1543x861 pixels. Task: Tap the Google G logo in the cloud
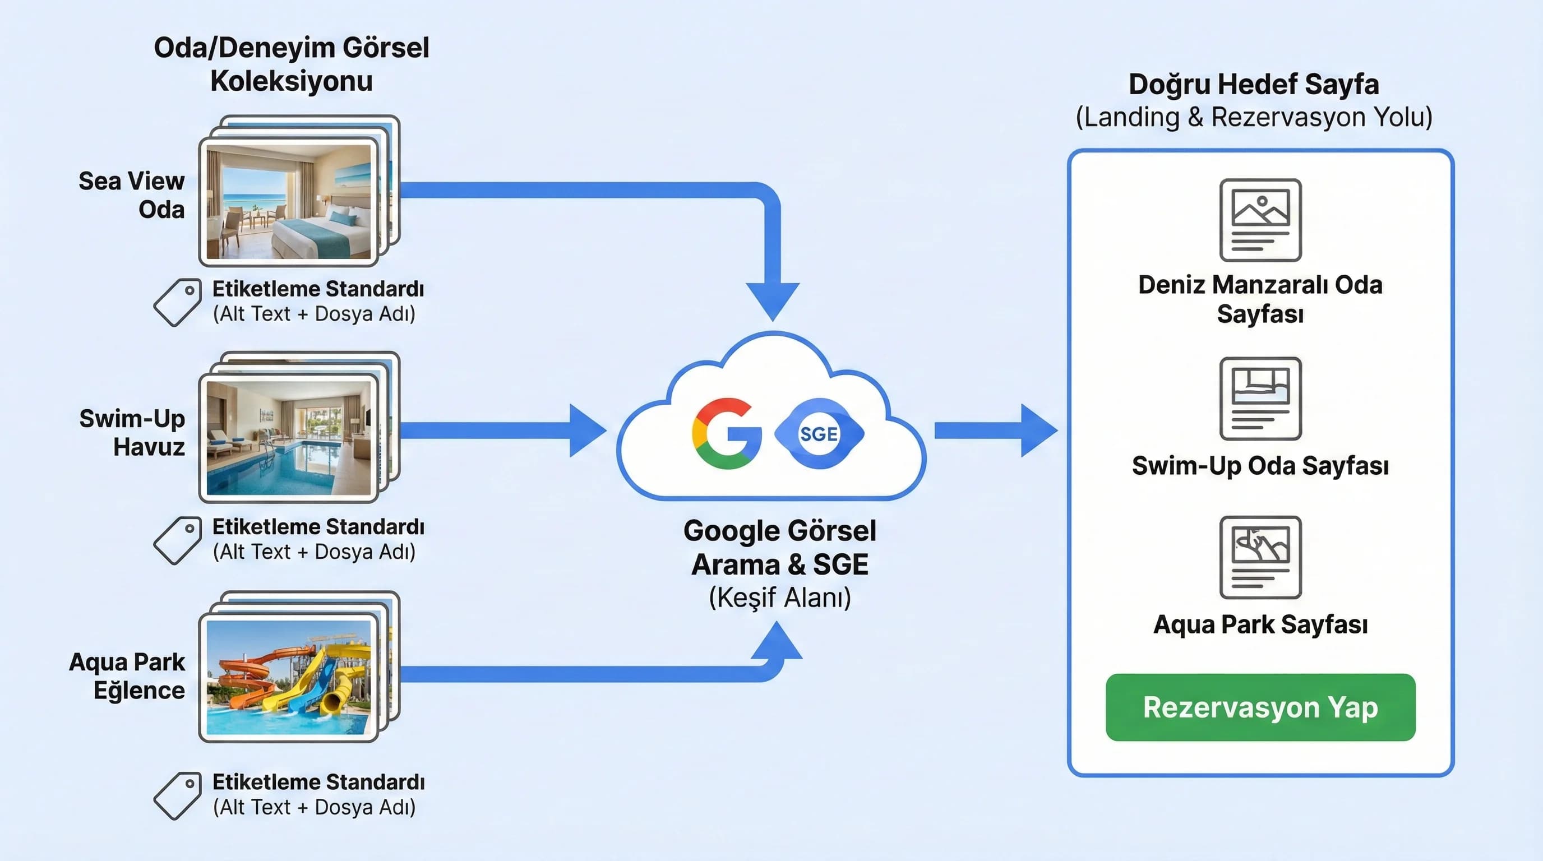(727, 433)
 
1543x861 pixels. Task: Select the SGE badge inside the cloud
(819, 433)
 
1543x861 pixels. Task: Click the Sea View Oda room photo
(289, 202)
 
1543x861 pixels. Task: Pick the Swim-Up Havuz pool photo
(289, 438)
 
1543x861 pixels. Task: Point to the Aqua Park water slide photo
(289, 677)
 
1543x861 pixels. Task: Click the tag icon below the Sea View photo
(177, 302)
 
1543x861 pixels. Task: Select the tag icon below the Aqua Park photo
(177, 796)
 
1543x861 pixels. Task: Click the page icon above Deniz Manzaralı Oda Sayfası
(1260, 220)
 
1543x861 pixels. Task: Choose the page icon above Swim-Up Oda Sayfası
(1260, 398)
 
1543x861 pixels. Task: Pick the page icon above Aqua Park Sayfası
(1260, 557)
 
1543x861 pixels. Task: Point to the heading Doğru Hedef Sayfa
(1254, 84)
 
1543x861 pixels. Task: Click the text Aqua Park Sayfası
(1260, 624)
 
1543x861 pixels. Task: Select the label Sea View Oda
(132, 195)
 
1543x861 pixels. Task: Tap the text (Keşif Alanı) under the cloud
(779, 598)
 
